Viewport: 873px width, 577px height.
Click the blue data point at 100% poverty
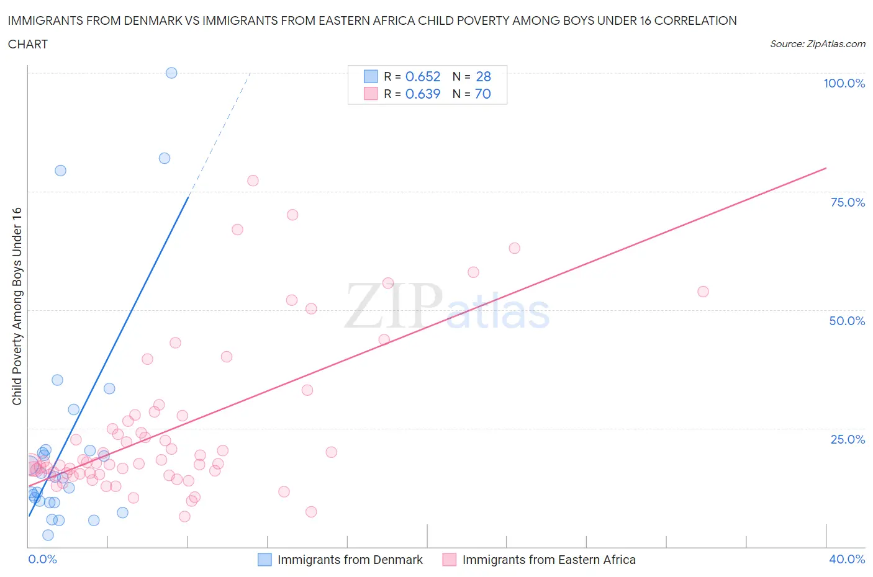pos(171,73)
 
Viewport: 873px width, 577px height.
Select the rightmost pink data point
pos(703,292)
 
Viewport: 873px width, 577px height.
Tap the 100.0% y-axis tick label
pos(844,83)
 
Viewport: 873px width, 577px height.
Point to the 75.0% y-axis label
pos(848,202)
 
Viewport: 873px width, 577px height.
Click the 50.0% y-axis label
pos(847,321)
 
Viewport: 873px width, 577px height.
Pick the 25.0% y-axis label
pos(848,439)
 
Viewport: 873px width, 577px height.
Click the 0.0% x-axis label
pos(42,559)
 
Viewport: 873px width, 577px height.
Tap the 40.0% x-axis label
pos(847,559)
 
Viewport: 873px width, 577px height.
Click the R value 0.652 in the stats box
pos(423,76)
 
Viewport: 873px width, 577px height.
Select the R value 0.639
pos(423,94)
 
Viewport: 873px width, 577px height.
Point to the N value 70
pos(482,94)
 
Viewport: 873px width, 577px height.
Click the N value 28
pos(483,76)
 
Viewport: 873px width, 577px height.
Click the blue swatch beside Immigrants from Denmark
pos(265,560)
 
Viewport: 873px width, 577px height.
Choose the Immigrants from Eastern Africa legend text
pos(549,560)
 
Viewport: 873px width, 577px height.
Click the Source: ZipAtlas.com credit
pos(817,43)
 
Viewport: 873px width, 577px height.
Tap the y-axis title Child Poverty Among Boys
pos(17,306)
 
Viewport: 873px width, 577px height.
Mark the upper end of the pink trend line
pos(826,168)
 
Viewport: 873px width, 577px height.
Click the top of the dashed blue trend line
pos(250,73)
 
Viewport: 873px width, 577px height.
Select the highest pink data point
pos(253,181)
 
